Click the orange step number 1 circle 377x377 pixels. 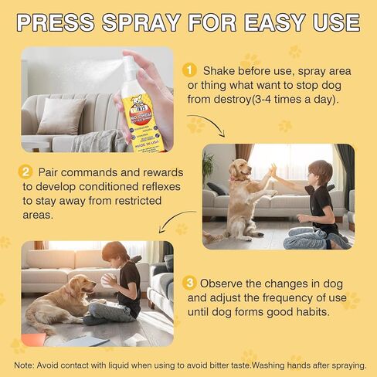(190, 70)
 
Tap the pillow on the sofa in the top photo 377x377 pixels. (62, 116)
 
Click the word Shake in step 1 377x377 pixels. (219, 70)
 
